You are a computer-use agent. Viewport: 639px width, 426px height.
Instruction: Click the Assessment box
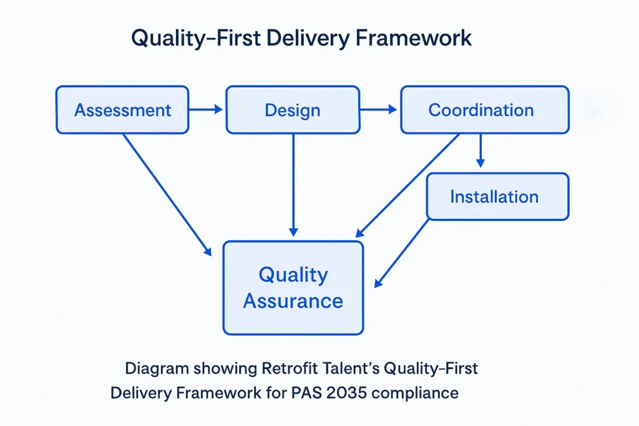point(122,110)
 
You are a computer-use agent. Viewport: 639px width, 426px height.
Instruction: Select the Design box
point(292,110)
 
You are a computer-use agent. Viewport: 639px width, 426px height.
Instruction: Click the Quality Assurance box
point(293,287)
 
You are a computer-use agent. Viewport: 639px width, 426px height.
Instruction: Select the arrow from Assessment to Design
point(205,110)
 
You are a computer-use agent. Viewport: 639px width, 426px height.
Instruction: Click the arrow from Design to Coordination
point(378,110)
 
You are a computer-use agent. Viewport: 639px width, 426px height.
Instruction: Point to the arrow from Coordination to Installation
point(480,150)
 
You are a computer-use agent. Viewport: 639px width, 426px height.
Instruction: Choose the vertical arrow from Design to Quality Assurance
point(293,185)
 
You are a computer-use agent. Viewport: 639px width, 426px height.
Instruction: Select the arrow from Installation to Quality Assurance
point(402,253)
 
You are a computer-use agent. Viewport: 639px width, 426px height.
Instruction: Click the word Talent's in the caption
point(351,368)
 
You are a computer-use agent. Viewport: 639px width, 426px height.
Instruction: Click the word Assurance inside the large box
point(293,301)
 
